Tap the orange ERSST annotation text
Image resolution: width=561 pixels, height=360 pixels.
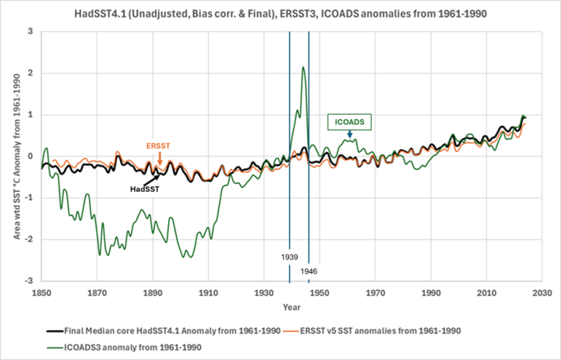[159, 145]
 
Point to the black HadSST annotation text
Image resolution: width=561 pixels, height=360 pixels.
[146, 187]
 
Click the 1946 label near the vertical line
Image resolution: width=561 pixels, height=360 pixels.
[309, 272]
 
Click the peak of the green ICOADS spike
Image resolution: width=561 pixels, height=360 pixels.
[302, 67]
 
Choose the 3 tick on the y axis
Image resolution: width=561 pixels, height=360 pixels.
[30, 31]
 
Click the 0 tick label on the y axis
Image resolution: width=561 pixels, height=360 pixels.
[30, 156]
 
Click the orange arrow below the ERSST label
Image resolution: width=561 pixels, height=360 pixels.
[159, 160]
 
